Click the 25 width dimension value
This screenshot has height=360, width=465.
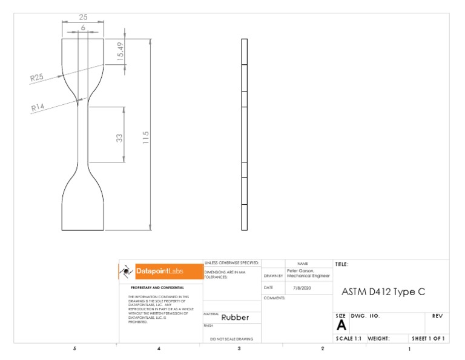click(x=83, y=17)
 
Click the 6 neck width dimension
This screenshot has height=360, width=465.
click(x=83, y=28)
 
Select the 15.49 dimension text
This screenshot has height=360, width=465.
click(x=120, y=51)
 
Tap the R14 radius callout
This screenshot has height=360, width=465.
click(x=38, y=107)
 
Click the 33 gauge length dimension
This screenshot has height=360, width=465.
click(x=119, y=138)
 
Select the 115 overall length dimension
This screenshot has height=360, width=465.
click(x=145, y=138)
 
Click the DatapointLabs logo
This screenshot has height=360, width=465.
click(x=160, y=272)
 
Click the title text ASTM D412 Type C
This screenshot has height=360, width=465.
click(x=383, y=292)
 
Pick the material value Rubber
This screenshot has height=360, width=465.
click(x=235, y=317)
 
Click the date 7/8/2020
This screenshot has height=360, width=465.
click(x=301, y=288)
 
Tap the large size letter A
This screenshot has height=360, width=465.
click(x=341, y=325)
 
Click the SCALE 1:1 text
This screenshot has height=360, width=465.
click(x=349, y=339)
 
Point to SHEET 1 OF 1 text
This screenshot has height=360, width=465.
click(x=428, y=339)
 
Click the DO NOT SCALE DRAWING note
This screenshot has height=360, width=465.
click(x=231, y=339)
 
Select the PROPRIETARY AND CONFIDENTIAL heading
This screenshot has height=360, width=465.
click(x=157, y=287)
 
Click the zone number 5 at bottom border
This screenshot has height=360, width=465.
click(x=74, y=349)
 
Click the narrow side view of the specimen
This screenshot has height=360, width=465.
click(x=245, y=135)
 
